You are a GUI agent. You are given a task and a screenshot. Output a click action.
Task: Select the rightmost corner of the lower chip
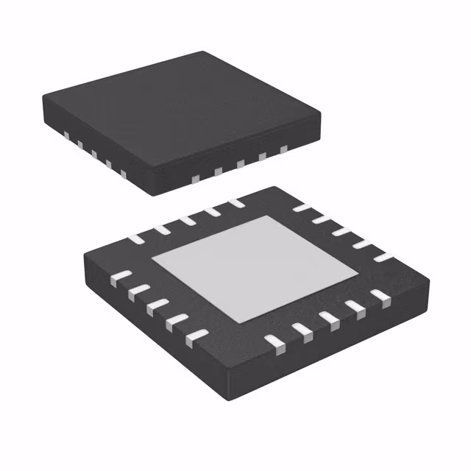429,278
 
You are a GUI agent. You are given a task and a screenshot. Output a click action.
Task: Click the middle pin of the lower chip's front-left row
155,306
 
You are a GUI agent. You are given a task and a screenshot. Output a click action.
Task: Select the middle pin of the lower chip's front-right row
327,318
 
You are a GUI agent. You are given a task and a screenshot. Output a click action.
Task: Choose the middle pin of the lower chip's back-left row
189,219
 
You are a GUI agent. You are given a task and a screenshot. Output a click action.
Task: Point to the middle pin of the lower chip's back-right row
341,231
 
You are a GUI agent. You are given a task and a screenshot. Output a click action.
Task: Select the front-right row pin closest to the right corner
380,296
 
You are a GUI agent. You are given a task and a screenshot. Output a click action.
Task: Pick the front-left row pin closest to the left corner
118,277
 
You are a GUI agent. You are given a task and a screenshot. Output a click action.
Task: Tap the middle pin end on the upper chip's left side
94,155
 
